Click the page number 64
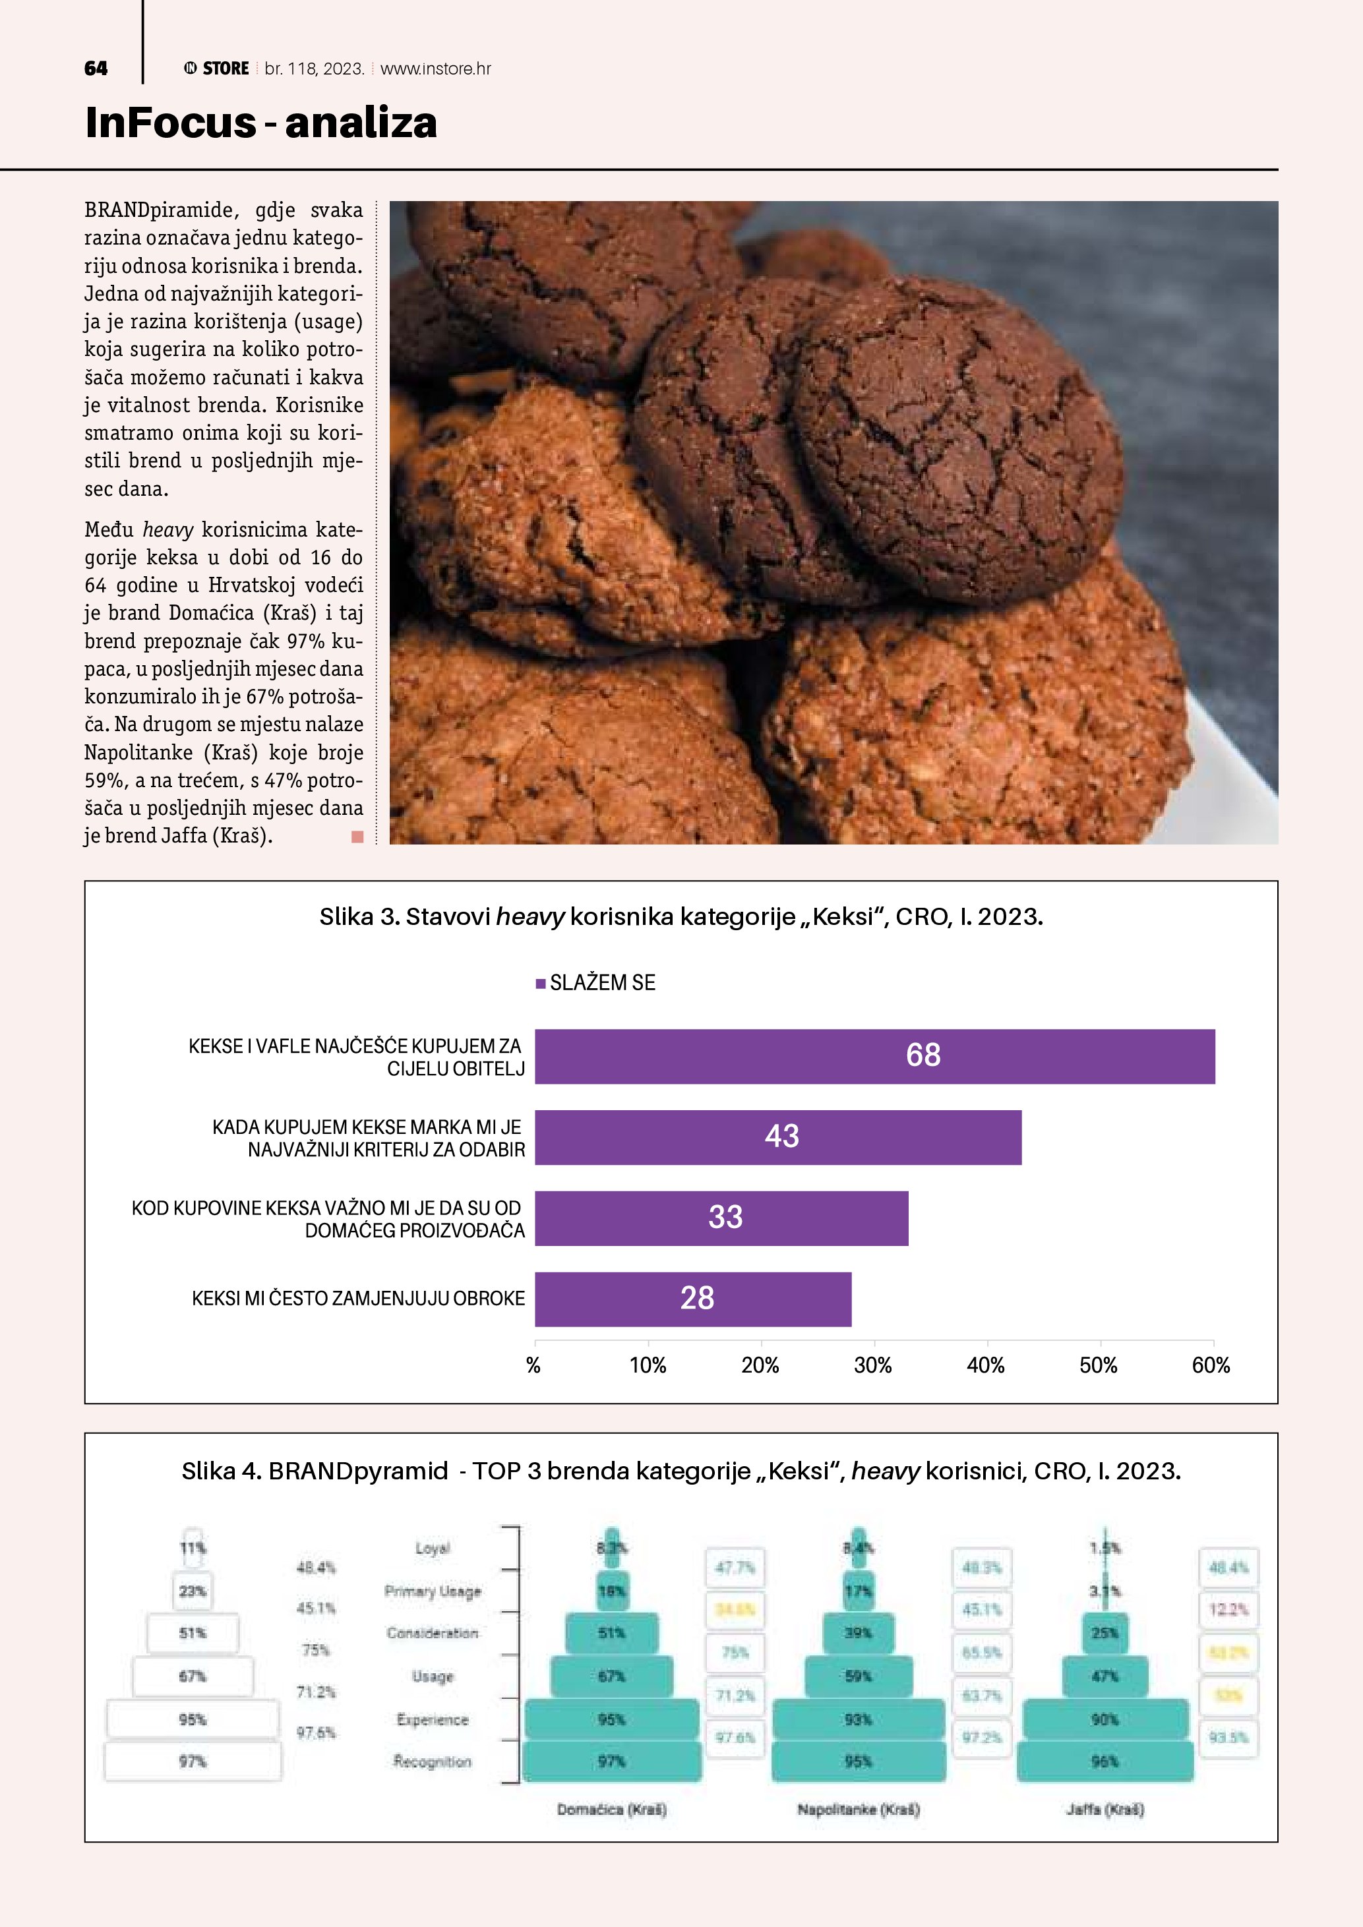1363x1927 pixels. pyautogui.click(x=96, y=69)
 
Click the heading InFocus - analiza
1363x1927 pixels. pyautogui.click(x=261, y=123)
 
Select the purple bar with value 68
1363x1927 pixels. pyautogui.click(x=874, y=1056)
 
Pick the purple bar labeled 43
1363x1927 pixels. pyautogui.click(x=778, y=1137)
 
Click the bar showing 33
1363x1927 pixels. pyautogui.click(x=721, y=1218)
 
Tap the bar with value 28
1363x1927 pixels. pyautogui.click(x=692, y=1298)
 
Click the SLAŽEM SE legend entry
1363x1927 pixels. pyautogui.click(x=596, y=983)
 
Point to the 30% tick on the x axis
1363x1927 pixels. pyautogui.click(x=873, y=1365)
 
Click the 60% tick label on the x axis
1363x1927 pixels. pyautogui.click(x=1210, y=1365)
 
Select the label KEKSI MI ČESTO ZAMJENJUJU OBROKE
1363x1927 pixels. pyautogui.click(x=358, y=1298)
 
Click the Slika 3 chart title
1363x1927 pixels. pyautogui.click(x=681, y=916)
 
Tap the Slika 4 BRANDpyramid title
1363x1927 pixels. pyautogui.click(x=681, y=1470)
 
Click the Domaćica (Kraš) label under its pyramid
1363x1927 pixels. pyautogui.click(x=612, y=1810)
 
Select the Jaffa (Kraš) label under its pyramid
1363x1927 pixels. pyautogui.click(x=1105, y=1810)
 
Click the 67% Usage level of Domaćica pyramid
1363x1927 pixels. pyautogui.click(x=611, y=1676)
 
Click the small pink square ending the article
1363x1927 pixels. pyautogui.click(x=357, y=836)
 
